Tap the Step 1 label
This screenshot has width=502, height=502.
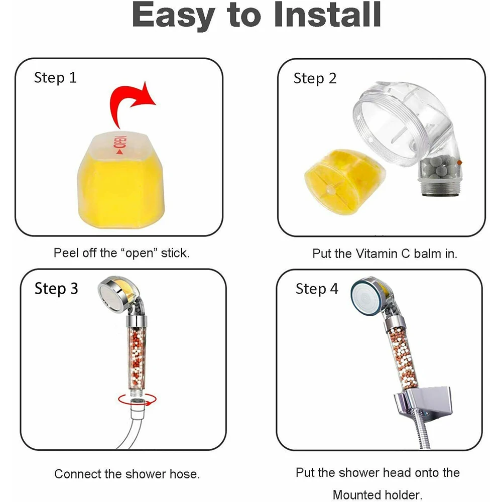pyautogui.click(x=55, y=78)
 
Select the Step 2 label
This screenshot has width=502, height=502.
pyautogui.click(x=315, y=78)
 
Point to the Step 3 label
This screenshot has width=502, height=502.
pyautogui.click(x=56, y=289)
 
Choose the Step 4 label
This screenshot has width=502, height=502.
pyautogui.click(x=317, y=289)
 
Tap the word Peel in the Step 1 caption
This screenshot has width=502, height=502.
pyautogui.click(x=65, y=253)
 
